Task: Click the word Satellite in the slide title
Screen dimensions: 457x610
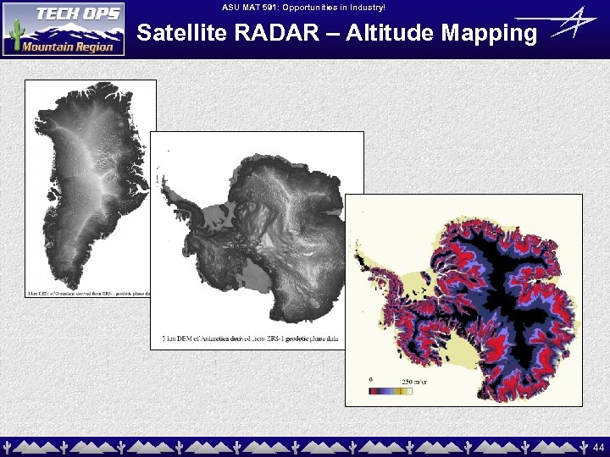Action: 180,33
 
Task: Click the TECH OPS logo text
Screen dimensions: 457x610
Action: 77,17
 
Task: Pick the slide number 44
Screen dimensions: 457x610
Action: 598,446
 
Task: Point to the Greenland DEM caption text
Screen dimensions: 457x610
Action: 89,294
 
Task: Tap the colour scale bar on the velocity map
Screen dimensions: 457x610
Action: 390,391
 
